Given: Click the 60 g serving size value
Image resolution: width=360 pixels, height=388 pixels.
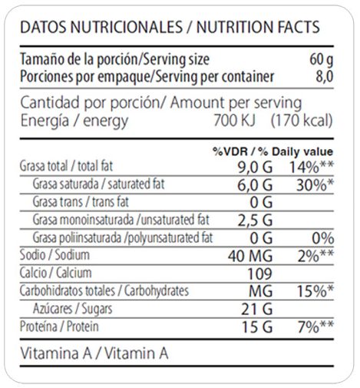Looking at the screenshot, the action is (322, 59).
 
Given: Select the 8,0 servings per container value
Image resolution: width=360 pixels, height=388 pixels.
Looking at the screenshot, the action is (325, 76).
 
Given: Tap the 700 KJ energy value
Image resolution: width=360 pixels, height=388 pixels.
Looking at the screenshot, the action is (235, 120).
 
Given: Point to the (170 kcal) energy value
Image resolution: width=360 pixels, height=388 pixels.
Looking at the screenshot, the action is (302, 121).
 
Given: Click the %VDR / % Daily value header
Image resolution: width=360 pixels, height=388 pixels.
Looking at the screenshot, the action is (272, 151).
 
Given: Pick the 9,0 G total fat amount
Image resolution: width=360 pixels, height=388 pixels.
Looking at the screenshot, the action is (255, 167).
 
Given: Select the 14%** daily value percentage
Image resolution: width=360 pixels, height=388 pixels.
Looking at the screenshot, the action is (311, 167).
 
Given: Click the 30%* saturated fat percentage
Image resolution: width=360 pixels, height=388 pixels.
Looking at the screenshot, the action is (315, 185).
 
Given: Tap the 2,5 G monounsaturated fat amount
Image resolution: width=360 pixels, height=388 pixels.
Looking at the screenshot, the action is (255, 221).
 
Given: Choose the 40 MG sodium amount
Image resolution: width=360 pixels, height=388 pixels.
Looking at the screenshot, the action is (250, 256).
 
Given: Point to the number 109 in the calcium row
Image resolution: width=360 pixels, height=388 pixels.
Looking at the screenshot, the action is (259, 274).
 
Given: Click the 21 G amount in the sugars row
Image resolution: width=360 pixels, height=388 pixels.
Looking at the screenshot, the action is (256, 309).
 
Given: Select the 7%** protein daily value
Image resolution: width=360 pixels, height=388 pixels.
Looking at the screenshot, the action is (315, 327).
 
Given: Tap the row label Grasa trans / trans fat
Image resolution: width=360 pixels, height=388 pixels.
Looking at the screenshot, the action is (81, 201).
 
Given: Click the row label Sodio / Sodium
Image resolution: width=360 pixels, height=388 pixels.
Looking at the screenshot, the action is (54, 255).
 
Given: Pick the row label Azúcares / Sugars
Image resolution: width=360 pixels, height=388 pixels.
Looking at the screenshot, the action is (73, 309).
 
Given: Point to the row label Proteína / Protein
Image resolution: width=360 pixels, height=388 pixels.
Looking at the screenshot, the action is (59, 327).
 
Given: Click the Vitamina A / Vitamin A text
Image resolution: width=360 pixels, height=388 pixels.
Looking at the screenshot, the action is (94, 353).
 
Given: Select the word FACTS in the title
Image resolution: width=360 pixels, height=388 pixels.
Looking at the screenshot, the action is (295, 27).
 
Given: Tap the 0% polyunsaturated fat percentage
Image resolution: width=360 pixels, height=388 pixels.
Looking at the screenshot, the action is (322, 238).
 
